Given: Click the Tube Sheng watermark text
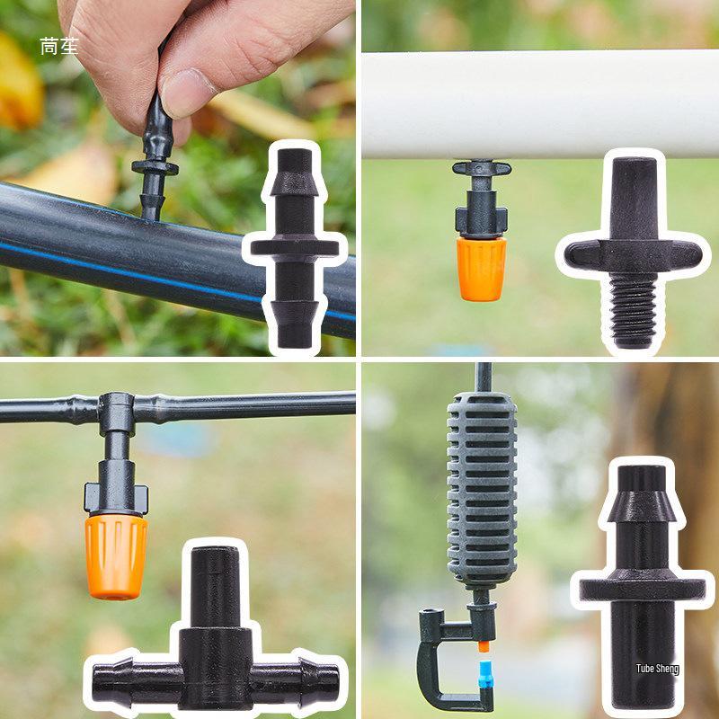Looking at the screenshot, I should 657,669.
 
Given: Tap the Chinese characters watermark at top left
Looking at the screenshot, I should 58,47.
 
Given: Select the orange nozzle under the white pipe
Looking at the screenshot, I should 481,268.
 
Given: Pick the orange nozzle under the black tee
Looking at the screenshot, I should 116,555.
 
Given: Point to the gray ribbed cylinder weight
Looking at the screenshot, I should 482,490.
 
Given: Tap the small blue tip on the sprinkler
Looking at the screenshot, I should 486,675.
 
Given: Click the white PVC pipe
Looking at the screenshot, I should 539,103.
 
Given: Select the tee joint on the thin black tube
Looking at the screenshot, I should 117,409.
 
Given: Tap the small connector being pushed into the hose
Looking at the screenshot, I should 154,166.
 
